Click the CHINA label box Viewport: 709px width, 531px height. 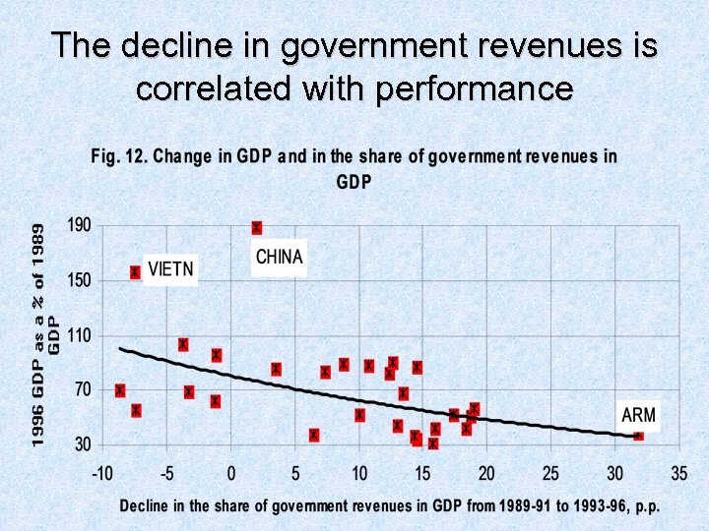click(280, 258)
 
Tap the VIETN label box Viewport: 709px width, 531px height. click(170, 267)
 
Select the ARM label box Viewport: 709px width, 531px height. click(638, 415)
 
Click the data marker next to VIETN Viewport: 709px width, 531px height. click(136, 272)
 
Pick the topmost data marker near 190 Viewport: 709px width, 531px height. click(257, 228)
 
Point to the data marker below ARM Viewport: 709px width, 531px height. click(638, 434)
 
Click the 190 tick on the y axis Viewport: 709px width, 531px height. click(79, 225)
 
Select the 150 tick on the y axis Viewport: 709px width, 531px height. click(79, 280)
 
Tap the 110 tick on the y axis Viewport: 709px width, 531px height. click(79, 335)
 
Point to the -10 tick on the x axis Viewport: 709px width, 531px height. click(102, 474)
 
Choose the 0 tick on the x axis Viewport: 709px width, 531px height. click(231, 474)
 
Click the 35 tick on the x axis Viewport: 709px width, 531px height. click(678, 474)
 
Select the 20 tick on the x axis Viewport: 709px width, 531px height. click(486, 474)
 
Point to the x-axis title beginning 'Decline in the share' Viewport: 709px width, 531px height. click(389, 505)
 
